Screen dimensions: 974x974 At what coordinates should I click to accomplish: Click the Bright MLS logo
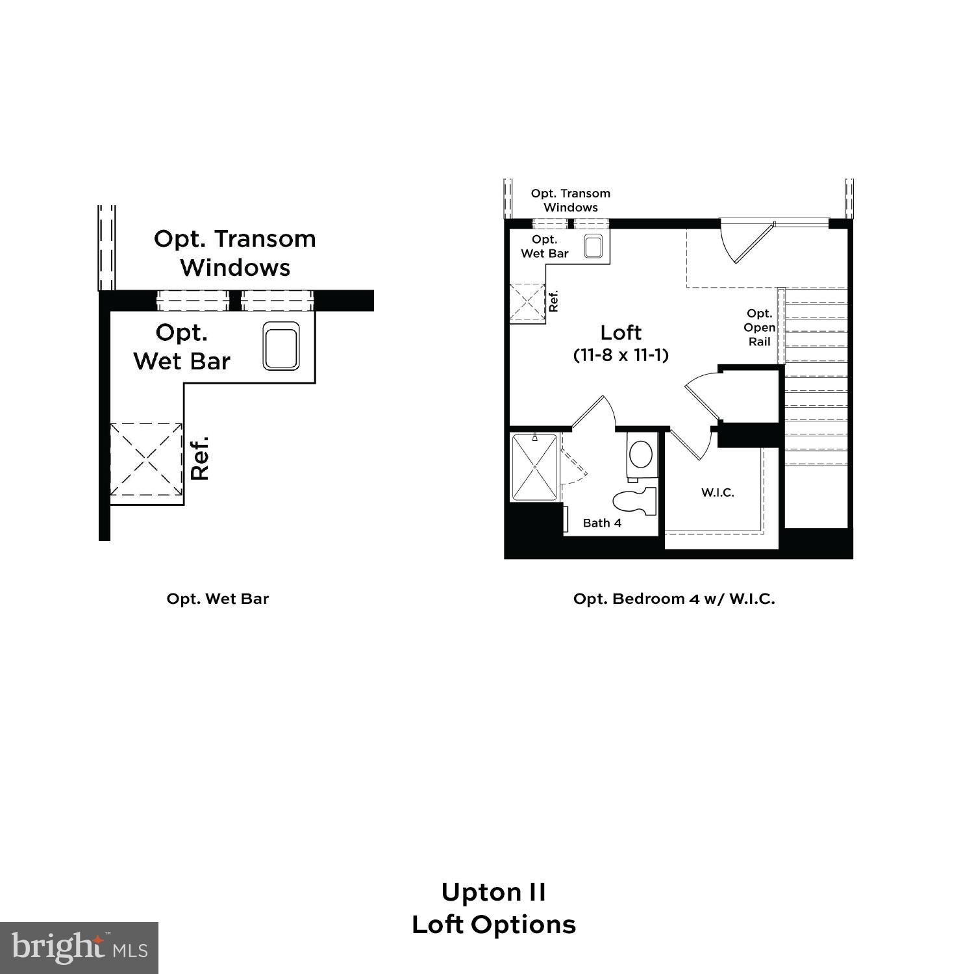click(79, 947)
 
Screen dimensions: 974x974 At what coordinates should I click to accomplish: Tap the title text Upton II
click(493, 892)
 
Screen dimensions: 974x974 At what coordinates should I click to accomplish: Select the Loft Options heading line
click(493, 925)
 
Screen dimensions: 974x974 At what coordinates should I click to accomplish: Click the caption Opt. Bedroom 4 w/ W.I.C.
click(674, 599)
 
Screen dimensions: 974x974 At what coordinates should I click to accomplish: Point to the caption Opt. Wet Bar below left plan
click(218, 599)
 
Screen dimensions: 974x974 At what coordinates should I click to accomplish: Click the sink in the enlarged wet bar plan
click(281, 345)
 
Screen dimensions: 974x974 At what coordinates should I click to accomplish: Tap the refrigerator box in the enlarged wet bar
click(146, 460)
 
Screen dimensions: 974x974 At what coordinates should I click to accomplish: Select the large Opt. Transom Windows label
click(235, 253)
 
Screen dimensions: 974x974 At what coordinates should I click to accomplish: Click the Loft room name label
click(621, 332)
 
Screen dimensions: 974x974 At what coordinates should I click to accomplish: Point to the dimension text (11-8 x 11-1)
click(621, 355)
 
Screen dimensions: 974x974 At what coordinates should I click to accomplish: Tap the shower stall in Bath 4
click(534, 468)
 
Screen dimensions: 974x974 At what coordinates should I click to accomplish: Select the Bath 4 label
click(602, 523)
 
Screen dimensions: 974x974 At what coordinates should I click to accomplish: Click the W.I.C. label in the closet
click(718, 492)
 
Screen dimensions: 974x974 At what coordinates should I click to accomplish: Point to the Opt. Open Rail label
click(759, 327)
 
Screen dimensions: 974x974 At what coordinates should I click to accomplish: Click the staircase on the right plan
click(816, 377)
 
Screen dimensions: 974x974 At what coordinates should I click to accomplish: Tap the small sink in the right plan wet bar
click(593, 247)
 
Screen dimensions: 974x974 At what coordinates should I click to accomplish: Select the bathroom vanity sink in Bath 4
click(642, 454)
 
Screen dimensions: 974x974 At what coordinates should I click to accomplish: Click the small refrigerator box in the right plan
click(527, 303)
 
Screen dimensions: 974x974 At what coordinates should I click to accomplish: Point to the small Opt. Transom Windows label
click(571, 200)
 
